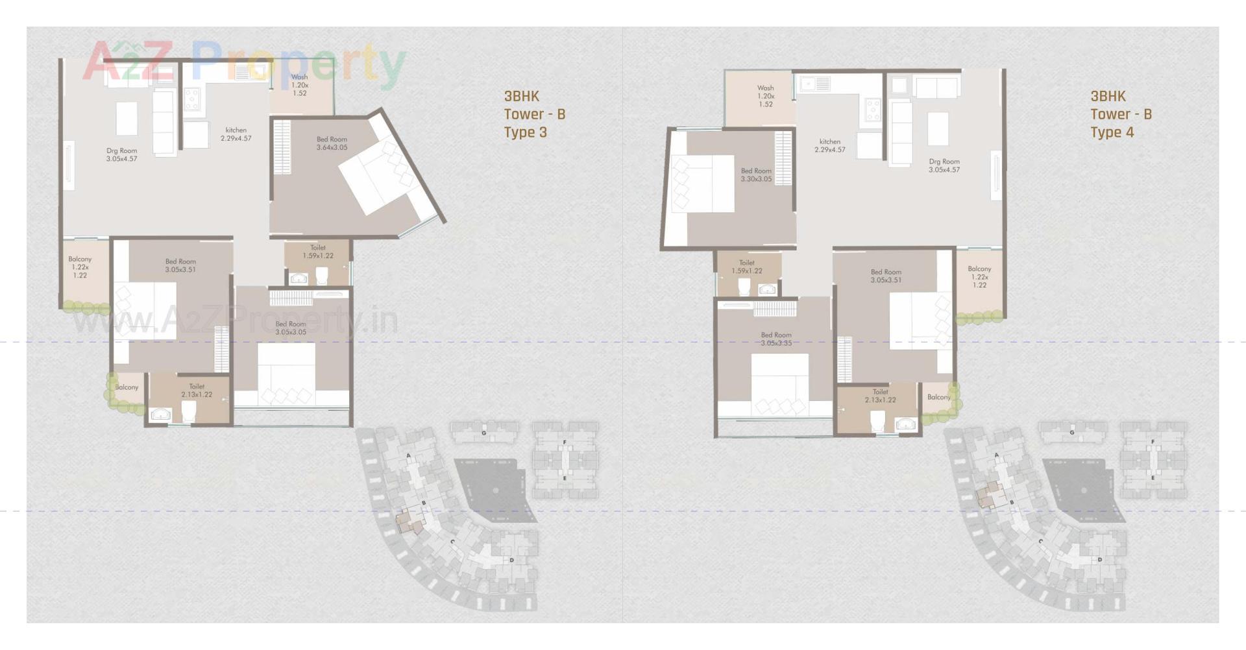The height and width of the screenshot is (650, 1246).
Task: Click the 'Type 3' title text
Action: point(525,132)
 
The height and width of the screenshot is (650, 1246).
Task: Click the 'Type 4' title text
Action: point(1112,132)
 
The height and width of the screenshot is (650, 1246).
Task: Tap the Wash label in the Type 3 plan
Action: point(299,77)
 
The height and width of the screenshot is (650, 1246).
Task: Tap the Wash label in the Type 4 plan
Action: point(765,88)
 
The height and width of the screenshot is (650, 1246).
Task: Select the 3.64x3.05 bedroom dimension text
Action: point(332,148)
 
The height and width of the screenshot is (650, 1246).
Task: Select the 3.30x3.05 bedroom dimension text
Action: point(756,179)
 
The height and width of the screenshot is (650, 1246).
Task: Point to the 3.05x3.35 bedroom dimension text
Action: point(776,343)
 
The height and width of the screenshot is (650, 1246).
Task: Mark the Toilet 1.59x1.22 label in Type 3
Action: point(318,252)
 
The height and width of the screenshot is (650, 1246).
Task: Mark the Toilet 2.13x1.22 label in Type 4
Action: point(880,396)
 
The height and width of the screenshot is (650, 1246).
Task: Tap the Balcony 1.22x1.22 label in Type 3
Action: point(80,267)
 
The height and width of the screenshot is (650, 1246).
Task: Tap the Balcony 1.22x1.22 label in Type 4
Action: point(979,276)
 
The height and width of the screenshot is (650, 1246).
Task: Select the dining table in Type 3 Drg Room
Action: point(127,118)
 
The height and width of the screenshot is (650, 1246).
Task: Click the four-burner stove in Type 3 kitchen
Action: point(192,99)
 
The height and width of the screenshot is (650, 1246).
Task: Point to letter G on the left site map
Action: point(483,433)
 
